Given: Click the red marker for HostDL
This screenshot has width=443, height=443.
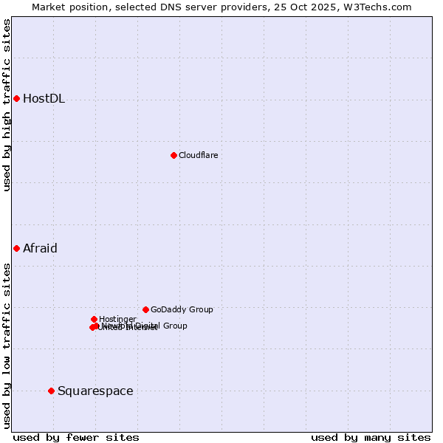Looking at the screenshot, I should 16,98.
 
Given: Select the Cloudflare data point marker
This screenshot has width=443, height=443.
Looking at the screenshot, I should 174,155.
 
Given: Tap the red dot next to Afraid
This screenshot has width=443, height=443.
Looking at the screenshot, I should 16,248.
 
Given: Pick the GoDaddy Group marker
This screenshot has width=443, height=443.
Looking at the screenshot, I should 145,309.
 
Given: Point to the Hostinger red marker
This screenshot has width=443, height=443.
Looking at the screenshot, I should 94,319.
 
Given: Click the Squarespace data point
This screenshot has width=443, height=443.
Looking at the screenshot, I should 51,391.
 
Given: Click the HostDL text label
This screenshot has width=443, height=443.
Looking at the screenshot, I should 44,99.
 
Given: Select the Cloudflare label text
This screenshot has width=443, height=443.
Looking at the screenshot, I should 198,155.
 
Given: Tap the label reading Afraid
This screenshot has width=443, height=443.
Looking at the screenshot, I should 40,249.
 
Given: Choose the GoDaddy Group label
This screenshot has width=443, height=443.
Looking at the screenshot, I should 182,310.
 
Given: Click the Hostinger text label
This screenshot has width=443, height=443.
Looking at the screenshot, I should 117,319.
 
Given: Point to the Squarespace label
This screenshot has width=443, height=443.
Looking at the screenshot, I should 95,391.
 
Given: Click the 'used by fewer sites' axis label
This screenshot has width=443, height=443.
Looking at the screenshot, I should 76,438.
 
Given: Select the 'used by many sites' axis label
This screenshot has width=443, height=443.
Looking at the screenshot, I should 371,438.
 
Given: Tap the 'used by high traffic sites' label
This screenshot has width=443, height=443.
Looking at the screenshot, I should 7,105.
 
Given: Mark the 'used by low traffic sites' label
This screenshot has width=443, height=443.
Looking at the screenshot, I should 7,345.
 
